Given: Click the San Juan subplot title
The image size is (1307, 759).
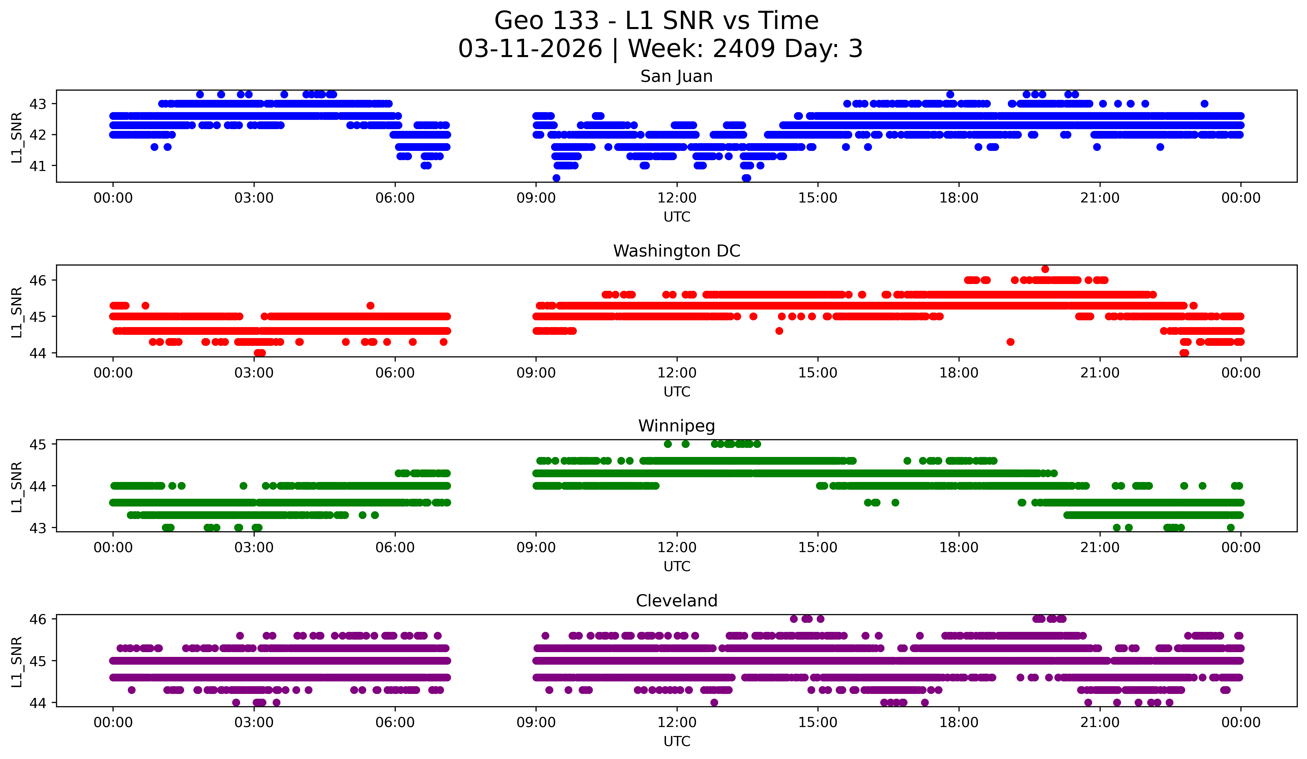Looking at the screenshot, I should point(676,76).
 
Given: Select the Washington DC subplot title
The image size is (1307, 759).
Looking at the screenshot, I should point(676,251).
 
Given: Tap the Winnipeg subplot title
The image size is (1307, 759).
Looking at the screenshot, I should point(676,426).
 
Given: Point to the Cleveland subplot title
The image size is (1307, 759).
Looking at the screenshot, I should point(676,601).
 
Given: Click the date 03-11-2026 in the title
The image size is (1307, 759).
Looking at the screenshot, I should point(530,49).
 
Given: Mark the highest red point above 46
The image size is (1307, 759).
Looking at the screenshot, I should point(1045,269).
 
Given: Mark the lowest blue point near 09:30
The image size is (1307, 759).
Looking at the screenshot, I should point(556,178).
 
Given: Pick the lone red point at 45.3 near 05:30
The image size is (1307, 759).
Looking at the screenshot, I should point(370,306).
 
